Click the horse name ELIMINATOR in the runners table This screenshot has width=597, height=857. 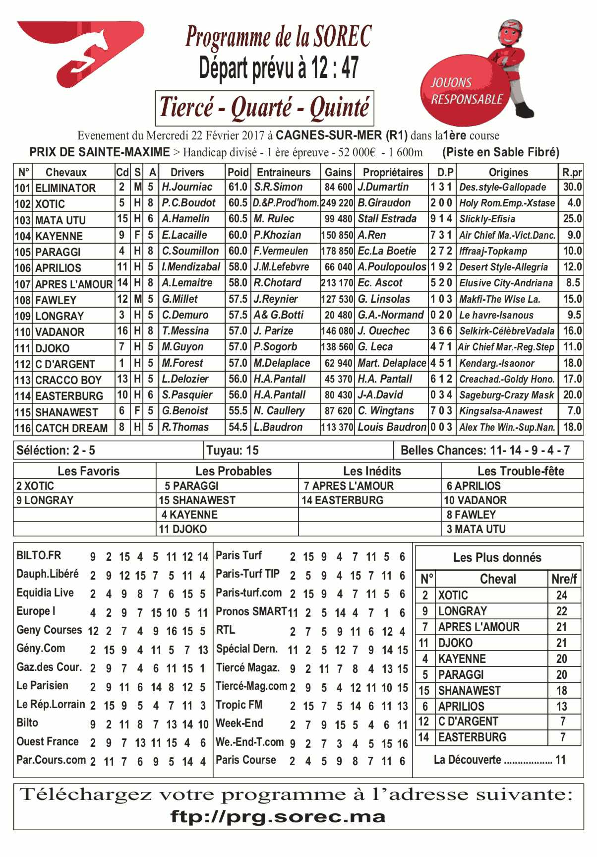tap(65, 188)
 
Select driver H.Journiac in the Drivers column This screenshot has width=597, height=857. tap(186, 187)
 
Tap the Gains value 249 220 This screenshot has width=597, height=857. tap(337, 203)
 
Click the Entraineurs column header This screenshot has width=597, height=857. tap(284, 172)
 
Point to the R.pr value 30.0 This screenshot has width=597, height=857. tap(572, 187)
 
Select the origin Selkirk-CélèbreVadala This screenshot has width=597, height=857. tap(507, 331)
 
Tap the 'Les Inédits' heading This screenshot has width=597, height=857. tap(372, 471)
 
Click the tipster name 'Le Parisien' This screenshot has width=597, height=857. tap(42, 686)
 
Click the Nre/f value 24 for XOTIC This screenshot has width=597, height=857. tap(561, 595)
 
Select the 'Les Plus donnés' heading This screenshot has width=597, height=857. tap(497, 557)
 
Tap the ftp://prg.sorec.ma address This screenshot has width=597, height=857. tap(278, 817)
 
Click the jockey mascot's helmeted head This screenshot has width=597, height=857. tap(510, 32)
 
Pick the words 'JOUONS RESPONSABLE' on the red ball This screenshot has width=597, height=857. tap(466, 92)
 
